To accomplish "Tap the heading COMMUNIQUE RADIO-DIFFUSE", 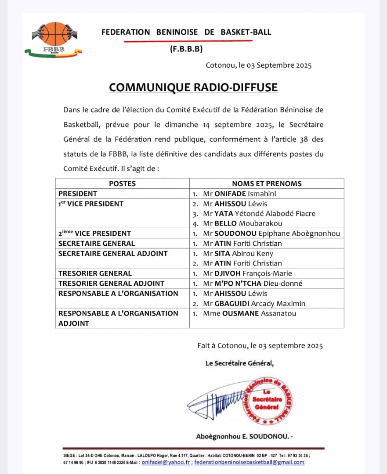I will pyautogui.click(x=193, y=87).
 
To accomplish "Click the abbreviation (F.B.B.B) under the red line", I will pyautogui.click(x=186, y=49).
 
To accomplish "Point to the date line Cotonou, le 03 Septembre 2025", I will pyautogui.click(x=258, y=65).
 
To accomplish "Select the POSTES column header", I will pyautogui.click(x=122, y=183).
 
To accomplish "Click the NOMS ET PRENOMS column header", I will pyautogui.click(x=267, y=183).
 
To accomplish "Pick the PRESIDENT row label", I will pyautogui.click(x=78, y=194).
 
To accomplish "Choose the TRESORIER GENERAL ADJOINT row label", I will pyautogui.click(x=111, y=284).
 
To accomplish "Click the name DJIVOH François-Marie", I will pyautogui.click(x=248, y=273).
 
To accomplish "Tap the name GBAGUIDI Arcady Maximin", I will pyautogui.click(x=254, y=303).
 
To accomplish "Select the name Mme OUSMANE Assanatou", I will pyautogui.click(x=250, y=313).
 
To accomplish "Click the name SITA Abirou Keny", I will pyautogui.click(x=238, y=253).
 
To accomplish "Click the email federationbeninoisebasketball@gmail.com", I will pyautogui.click(x=249, y=462).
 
